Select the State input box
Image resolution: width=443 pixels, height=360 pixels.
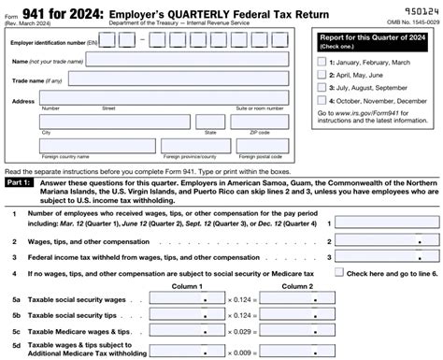pos(211,122)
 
